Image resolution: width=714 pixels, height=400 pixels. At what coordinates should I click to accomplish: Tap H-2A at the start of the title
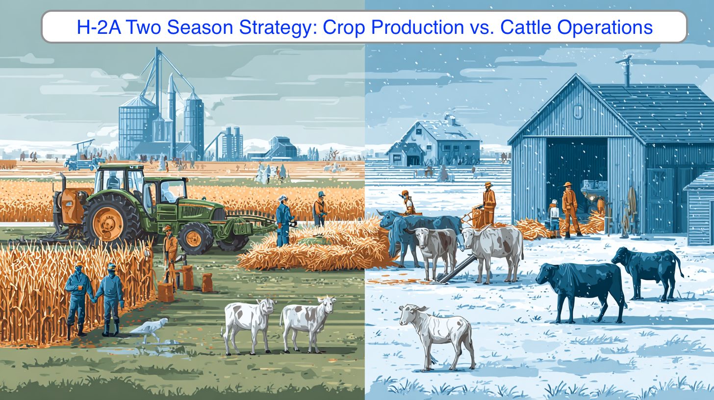click(x=99, y=27)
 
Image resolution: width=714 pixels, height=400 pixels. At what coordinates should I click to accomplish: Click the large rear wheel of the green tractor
click(x=108, y=220)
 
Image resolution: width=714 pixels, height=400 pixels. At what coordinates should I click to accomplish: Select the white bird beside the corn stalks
click(x=150, y=329)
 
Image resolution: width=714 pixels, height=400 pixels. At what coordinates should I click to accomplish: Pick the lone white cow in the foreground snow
click(x=436, y=337)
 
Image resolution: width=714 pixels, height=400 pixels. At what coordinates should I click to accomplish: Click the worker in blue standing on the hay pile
click(x=283, y=221)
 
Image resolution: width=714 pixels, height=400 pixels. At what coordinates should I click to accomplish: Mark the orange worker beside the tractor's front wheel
click(x=170, y=247)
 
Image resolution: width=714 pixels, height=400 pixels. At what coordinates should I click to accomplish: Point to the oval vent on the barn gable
click(x=578, y=112)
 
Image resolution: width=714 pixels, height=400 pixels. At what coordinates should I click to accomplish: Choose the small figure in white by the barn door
click(x=554, y=219)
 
